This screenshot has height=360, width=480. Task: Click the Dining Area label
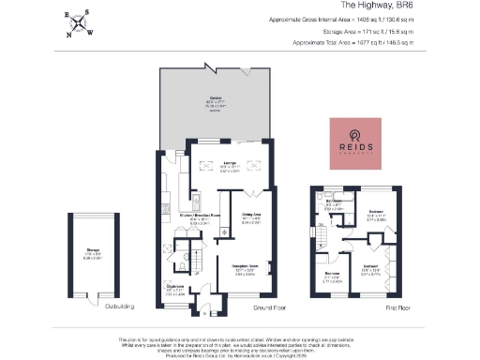250,221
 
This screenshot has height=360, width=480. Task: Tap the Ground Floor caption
271,306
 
